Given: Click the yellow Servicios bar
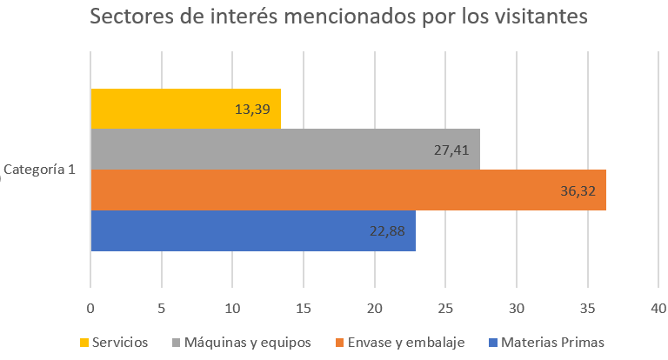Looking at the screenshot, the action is [186, 109].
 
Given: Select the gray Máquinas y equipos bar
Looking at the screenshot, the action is [285, 149].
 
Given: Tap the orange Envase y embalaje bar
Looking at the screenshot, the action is [349, 190].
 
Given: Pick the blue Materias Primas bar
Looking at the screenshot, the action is [253, 231].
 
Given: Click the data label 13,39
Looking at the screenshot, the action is [252, 110].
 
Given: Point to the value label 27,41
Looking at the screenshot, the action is [451, 150].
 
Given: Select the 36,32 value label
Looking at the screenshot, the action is [578, 191].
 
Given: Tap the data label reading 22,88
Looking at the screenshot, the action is [387, 231].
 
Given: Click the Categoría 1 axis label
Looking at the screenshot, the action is [39, 170].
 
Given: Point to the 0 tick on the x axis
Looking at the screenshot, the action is [90, 309].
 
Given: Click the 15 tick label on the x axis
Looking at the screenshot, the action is [304, 309].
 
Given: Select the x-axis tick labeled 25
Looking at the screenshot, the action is [445, 309].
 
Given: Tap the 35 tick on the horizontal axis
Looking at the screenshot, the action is [587, 309].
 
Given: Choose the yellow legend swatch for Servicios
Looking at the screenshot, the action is [84, 343].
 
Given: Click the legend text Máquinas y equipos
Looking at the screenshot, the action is [248, 343].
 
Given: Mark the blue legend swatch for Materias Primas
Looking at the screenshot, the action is [493, 343].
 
